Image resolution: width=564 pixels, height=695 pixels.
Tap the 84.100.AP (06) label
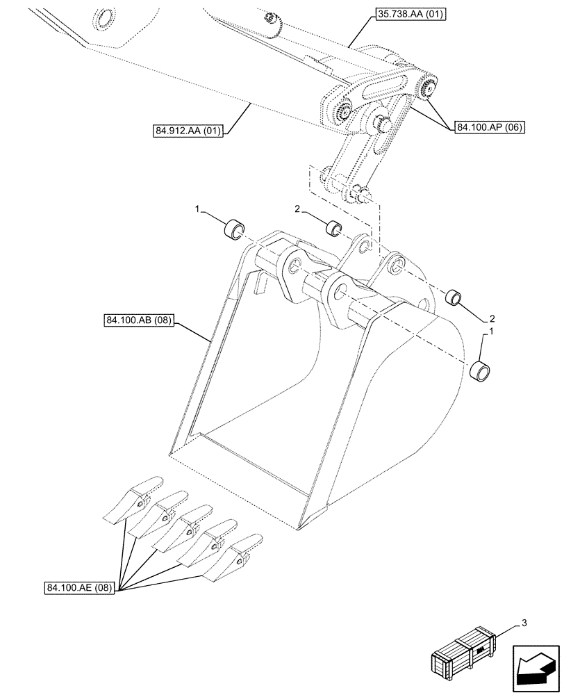490,127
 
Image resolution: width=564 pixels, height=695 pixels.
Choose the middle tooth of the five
188,526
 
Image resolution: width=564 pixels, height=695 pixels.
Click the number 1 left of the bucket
198,208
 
